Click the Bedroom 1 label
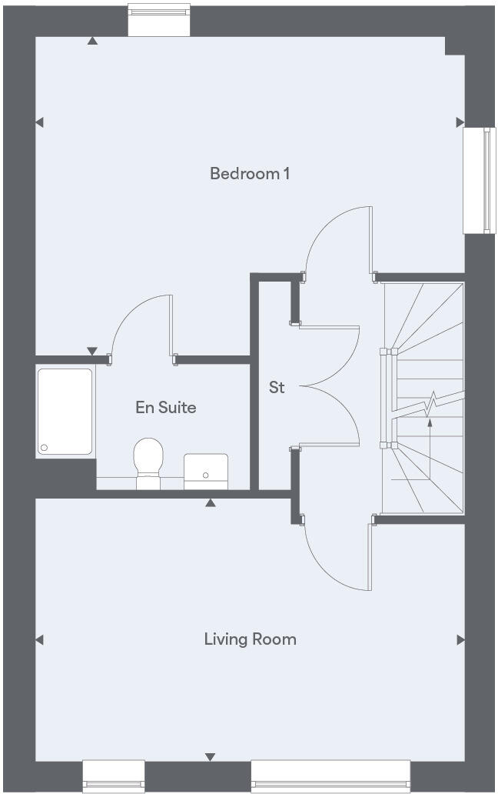pos(250,174)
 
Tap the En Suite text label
pos(166,408)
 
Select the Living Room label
pos(250,639)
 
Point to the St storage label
pos(277,388)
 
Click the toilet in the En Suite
pos(148,462)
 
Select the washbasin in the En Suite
pos(205,470)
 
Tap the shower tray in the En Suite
pos(65,412)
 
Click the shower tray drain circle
pos(45,448)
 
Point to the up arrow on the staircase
pos(430,421)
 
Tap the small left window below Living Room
pos(114,776)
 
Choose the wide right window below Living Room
pos(330,776)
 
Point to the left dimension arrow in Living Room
pos(39,639)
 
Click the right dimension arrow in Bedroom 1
pos(460,122)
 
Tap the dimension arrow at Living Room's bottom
pos(209,758)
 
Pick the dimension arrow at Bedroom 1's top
pos(92,41)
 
